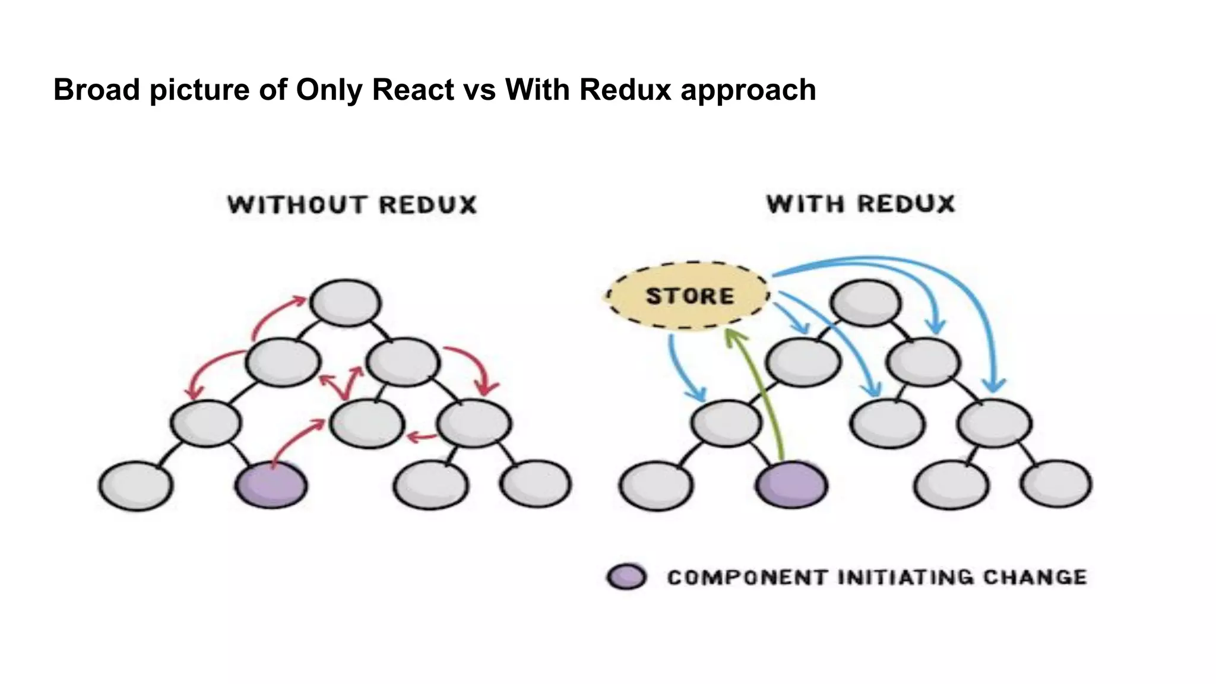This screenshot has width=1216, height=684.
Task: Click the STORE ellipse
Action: tap(689, 296)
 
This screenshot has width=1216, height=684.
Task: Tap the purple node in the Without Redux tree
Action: tap(272, 485)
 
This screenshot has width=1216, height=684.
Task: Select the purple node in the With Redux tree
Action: tap(792, 485)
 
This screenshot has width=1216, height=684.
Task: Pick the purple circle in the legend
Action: tap(627, 577)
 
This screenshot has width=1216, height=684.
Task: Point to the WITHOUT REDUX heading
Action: tap(352, 205)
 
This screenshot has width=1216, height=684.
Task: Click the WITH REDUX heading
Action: tap(860, 204)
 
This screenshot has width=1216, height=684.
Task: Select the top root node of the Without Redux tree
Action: tap(346, 302)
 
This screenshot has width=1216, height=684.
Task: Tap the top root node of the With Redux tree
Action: tap(866, 302)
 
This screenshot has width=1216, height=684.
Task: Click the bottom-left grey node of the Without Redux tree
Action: tap(136, 485)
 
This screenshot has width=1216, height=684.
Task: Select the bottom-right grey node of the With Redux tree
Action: tap(1056, 484)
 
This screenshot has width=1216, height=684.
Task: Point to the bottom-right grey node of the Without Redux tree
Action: tap(536, 484)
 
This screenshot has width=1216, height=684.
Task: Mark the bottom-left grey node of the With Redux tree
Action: tap(656, 485)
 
